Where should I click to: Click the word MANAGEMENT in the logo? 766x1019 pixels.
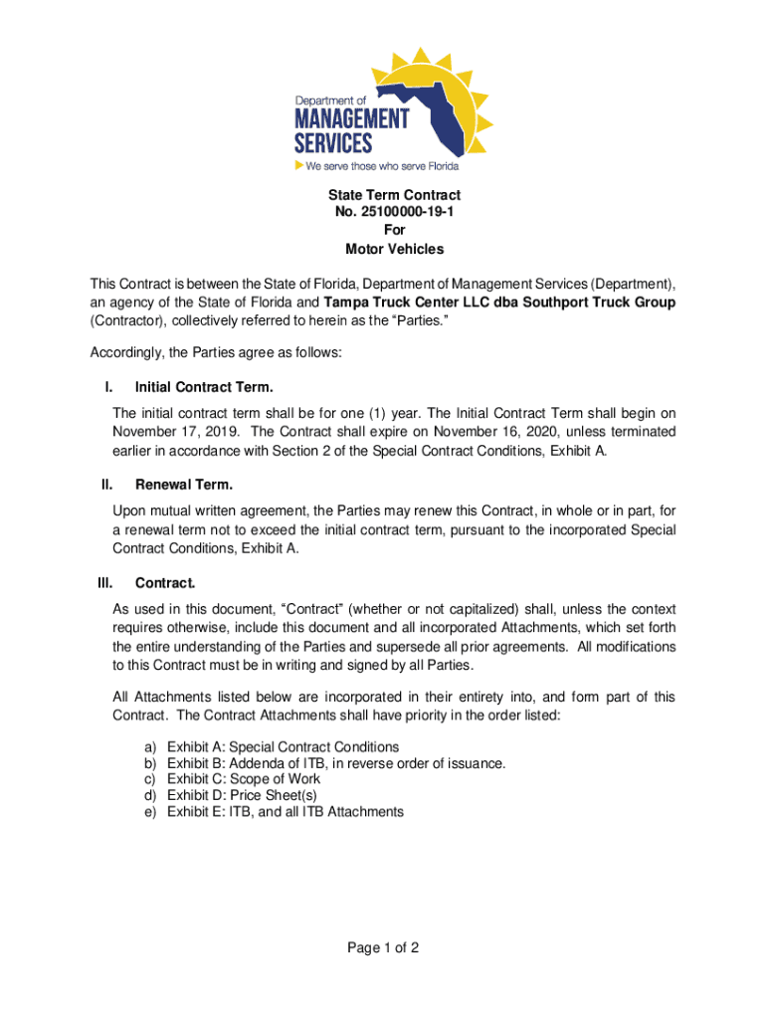pyautogui.click(x=350, y=119)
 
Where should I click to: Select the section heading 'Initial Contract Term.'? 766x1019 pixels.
pyautogui.click(x=204, y=386)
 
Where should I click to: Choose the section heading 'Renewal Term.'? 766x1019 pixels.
pyautogui.click(x=184, y=485)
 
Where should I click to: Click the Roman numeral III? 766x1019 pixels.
pyautogui.click(x=104, y=582)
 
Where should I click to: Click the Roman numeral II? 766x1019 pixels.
pyautogui.click(x=105, y=485)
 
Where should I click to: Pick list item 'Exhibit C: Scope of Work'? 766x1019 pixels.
pyautogui.click(x=244, y=779)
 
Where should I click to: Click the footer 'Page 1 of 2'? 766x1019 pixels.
pyautogui.click(x=383, y=948)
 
